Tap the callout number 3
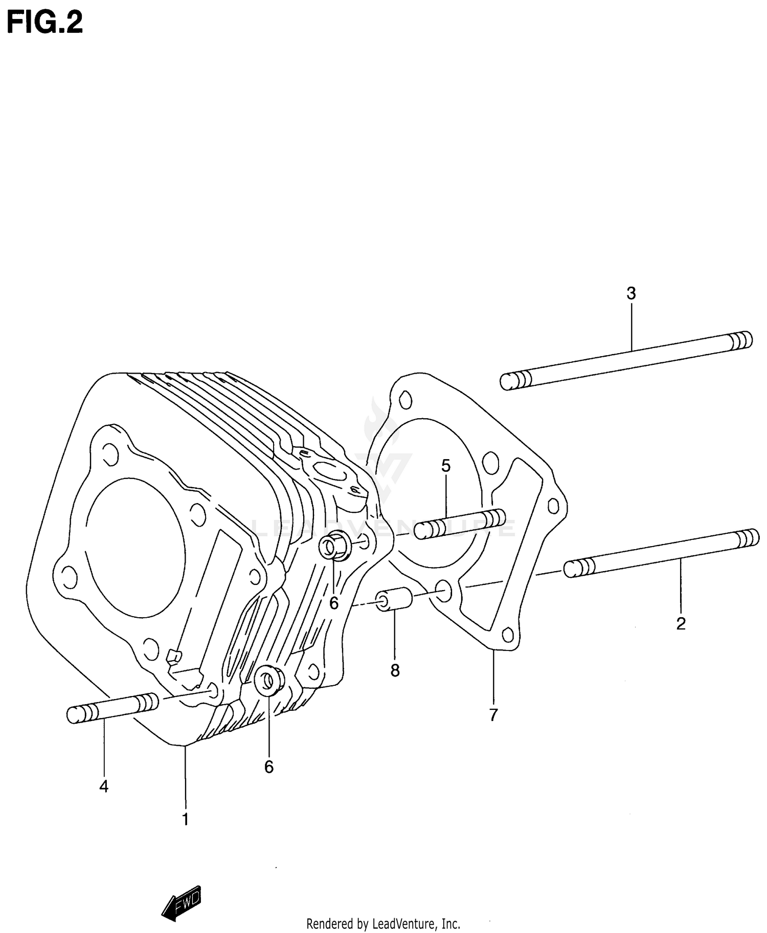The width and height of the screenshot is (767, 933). [x=631, y=294]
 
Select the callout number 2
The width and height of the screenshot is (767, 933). [x=681, y=624]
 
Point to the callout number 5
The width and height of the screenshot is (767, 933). [x=446, y=466]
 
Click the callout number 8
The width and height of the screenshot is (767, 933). [x=395, y=670]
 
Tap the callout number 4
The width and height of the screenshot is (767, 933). [x=104, y=786]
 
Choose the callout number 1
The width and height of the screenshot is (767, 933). [x=186, y=819]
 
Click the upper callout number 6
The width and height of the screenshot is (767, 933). [x=334, y=604]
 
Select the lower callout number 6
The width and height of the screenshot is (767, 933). [x=269, y=767]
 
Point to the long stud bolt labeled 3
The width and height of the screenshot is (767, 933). [x=626, y=360]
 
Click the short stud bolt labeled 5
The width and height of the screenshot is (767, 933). [x=459, y=525]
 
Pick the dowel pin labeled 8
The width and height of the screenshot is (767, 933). [x=394, y=599]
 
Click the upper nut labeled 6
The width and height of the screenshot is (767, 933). [x=335, y=547]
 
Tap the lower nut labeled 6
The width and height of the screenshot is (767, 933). [x=269, y=681]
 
